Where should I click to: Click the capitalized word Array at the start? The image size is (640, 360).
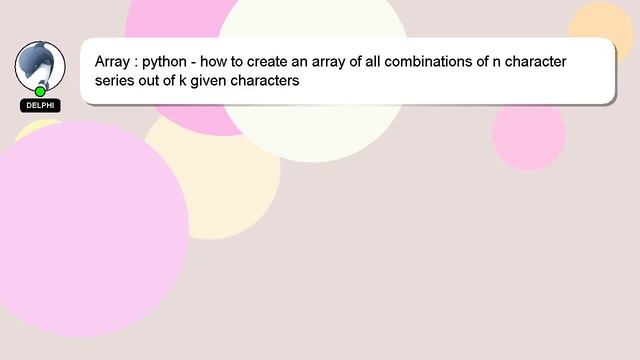tap(113, 62)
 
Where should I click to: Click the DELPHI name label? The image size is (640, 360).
tap(40, 105)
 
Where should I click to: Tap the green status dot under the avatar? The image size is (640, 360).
tap(40, 91)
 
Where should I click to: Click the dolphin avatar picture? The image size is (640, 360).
tap(40, 63)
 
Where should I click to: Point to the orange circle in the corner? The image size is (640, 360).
tap(602, 28)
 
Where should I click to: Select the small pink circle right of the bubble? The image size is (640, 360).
tap(529, 136)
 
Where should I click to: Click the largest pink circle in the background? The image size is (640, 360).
tap(90, 229)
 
